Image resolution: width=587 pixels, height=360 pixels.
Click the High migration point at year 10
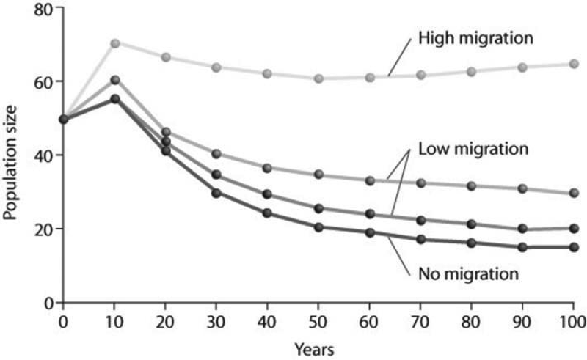114,43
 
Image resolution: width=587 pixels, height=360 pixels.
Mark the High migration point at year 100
573,65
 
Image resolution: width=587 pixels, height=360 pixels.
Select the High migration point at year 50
318,78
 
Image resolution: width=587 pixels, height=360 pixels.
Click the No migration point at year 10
114,98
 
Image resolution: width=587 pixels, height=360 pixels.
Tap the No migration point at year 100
573,247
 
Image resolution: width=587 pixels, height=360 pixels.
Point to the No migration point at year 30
216,193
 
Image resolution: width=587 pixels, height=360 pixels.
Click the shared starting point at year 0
64,119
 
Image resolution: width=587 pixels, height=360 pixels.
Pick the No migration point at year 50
318,227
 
